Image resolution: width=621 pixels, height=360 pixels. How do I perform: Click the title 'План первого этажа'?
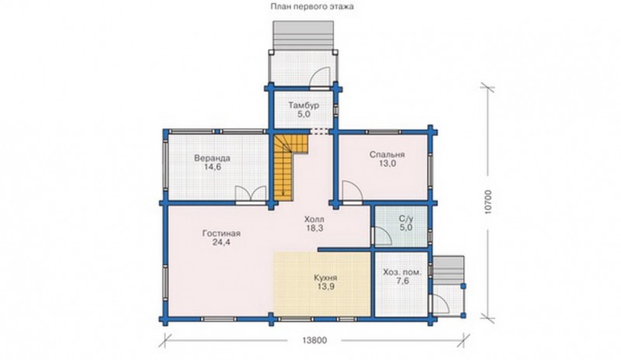(312, 6)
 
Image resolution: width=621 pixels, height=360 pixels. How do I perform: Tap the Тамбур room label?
(304, 106)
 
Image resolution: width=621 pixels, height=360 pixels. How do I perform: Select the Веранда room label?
(212, 158)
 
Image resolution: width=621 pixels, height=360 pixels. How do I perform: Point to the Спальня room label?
(387, 154)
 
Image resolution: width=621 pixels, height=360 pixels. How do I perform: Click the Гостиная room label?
(221, 234)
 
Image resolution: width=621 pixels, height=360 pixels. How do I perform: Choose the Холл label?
(314, 219)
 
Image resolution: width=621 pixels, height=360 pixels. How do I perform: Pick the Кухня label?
(325, 278)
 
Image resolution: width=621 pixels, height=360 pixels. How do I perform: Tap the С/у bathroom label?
(405, 219)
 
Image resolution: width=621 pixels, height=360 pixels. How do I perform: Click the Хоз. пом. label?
(402, 272)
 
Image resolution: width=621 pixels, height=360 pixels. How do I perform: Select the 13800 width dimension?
(314, 340)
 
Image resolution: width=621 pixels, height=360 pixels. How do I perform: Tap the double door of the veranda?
(250, 195)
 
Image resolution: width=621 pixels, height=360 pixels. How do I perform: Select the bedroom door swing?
(352, 192)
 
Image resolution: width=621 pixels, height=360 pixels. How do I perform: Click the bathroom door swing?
(381, 236)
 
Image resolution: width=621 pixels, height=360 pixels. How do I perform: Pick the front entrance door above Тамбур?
(320, 78)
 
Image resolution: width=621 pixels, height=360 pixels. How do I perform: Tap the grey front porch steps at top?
(303, 35)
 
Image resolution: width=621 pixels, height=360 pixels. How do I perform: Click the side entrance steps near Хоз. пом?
(448, 270)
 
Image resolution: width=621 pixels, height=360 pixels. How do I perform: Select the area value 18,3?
(314, 228)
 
